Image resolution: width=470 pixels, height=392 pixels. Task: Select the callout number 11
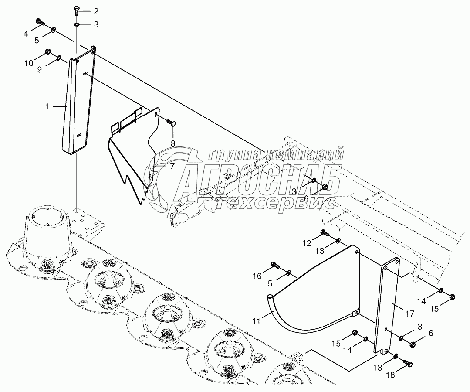(x=256, y=321)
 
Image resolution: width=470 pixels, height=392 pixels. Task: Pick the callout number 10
(x=28, y=63)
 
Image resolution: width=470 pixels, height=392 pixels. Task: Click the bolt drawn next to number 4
(x=40, y=22)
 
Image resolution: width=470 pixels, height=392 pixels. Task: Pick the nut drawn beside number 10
(x=48, y=54)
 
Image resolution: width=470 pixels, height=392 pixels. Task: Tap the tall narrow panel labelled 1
(x=78, y=105)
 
